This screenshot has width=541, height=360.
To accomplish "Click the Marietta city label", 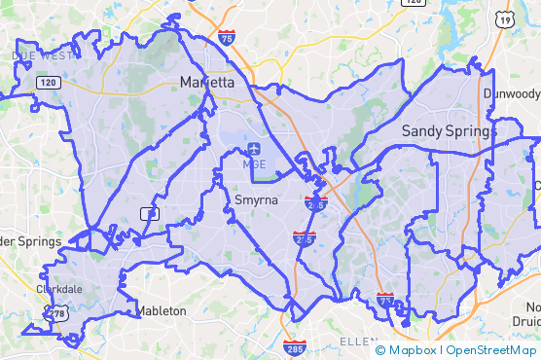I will click(207, 83).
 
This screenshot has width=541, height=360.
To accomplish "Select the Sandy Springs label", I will click(449, 130).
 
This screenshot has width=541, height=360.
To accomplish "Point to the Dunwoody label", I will click(512, 93).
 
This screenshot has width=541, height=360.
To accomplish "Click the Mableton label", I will click(161, 311).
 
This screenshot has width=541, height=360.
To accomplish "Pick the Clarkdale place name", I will click(60, 289).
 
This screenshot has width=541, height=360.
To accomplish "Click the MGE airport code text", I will click(254, 164).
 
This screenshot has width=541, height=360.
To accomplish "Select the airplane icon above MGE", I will click(254, 149).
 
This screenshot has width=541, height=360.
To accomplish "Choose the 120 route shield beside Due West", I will click(49, 83).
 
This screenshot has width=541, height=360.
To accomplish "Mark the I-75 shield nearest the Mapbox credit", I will click(385, 301).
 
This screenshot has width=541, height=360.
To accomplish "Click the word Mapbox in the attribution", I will click(415, 350).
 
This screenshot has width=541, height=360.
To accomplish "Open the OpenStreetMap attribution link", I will click(491, 350).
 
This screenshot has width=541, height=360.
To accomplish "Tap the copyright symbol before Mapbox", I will click(380, 350).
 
